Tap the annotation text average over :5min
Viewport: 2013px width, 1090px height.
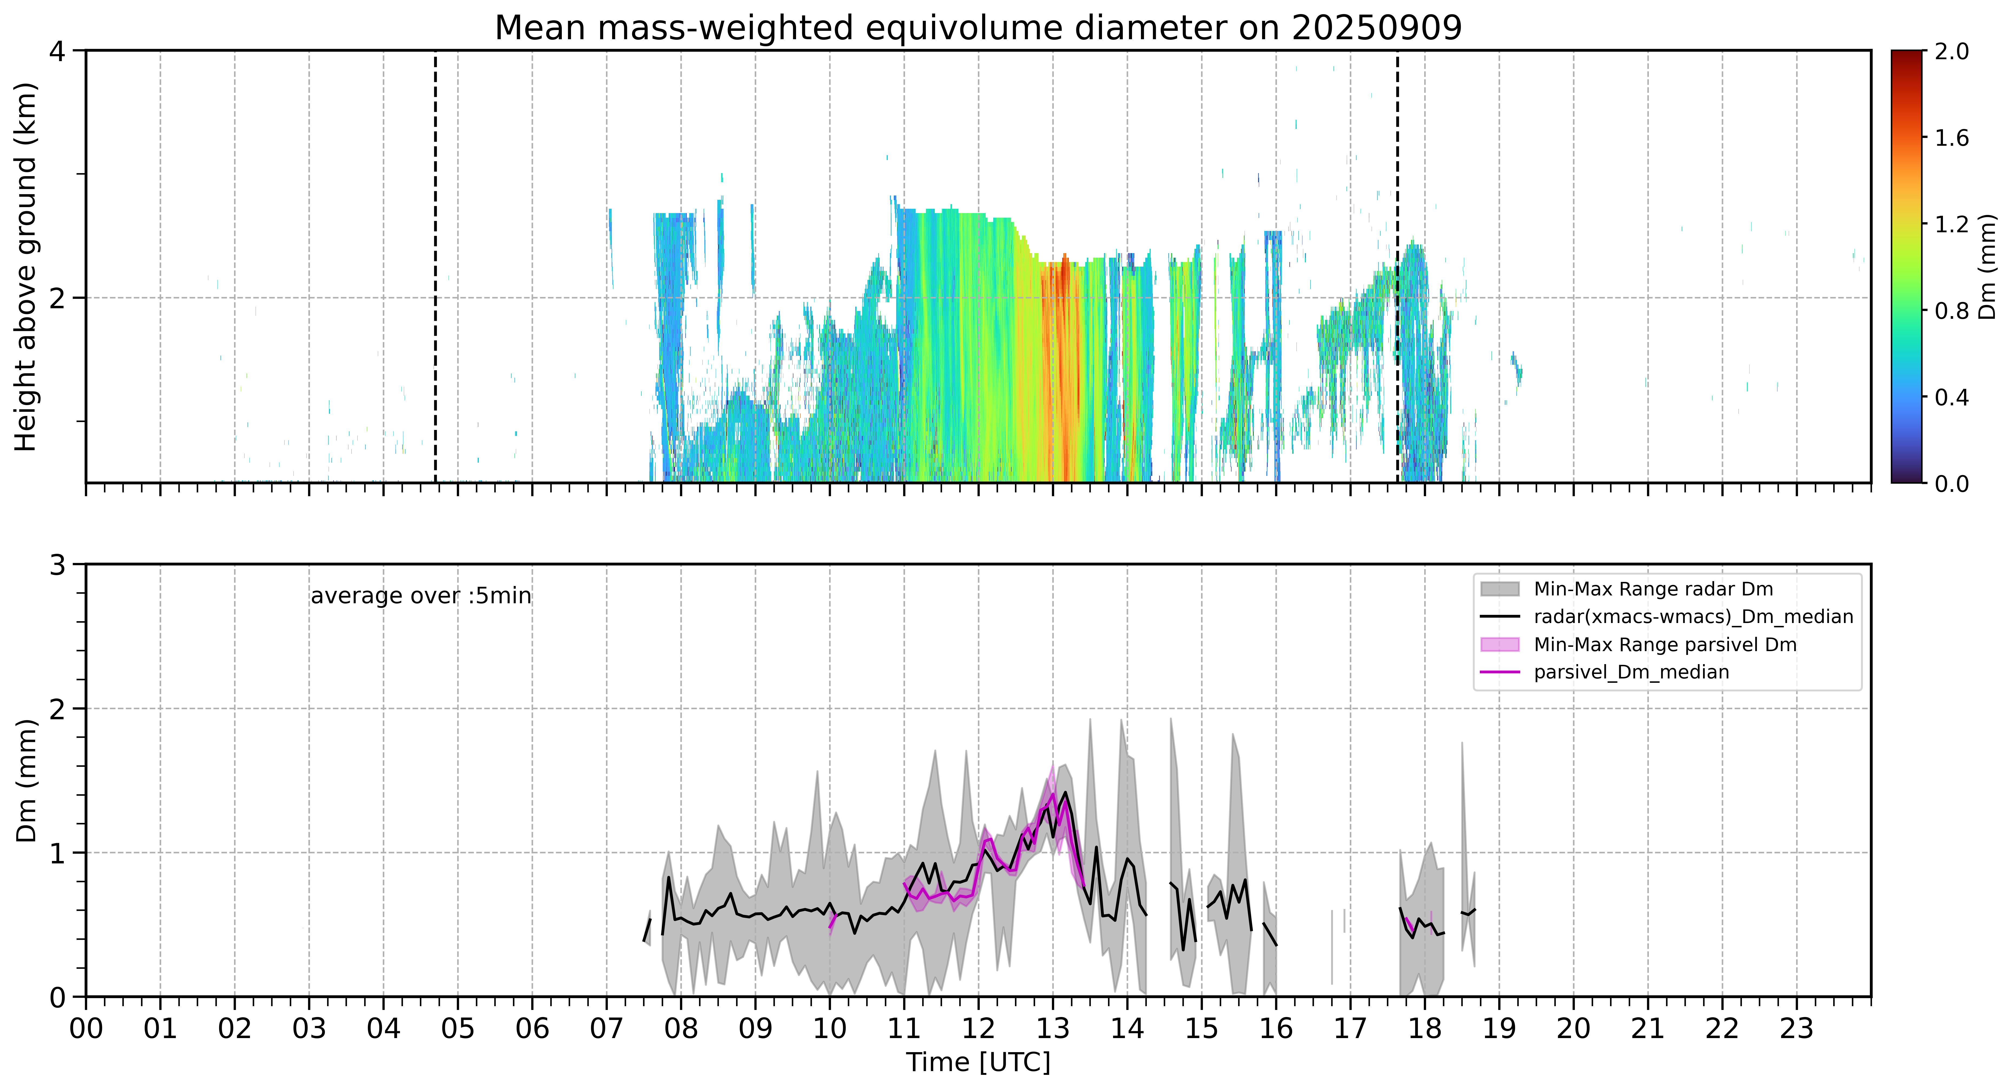420,596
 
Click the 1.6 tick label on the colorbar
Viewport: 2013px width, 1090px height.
1951,138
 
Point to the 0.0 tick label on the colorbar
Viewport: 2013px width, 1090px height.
1951,484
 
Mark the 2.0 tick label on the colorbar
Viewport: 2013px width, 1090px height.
1951,52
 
